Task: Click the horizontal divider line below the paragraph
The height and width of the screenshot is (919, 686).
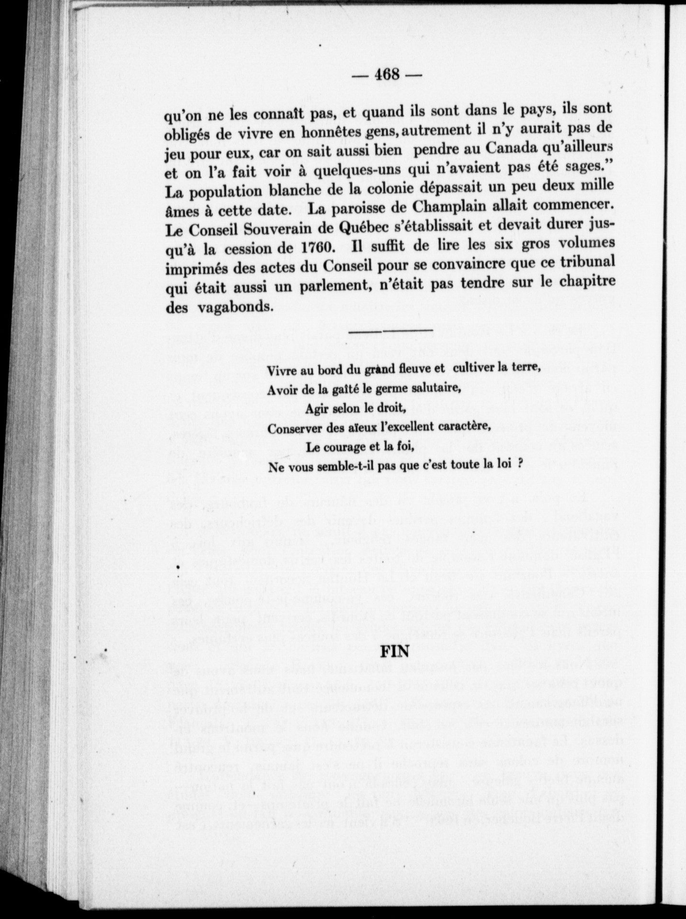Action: point(390,331)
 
